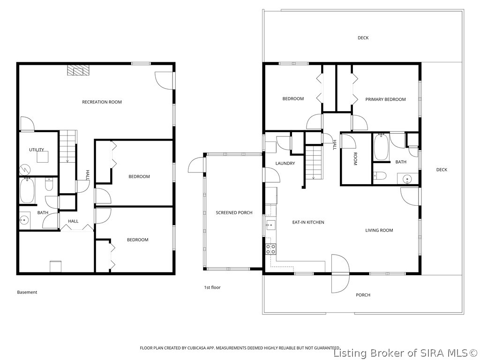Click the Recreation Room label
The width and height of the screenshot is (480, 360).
coord(102,102)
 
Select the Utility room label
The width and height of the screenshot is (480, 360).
coord(37,150)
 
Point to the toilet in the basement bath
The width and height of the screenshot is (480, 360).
coord(49,184)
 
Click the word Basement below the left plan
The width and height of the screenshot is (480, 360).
coord(27,292)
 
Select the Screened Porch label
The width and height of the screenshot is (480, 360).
coord(234,213)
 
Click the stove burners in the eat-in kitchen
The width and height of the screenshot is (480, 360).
coord(270,249)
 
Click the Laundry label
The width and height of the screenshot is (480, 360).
coord(285,164)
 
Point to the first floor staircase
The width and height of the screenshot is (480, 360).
coord(314,162)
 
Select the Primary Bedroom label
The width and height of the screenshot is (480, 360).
coord(385,99)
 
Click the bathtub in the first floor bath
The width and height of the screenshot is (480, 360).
coord(381,147)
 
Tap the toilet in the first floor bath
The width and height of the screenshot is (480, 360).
coord(380,176)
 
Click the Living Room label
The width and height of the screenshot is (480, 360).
coord(379,231)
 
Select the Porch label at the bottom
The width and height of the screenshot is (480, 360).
coord(363,295)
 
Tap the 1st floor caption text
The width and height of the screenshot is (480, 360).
coord(212,287)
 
